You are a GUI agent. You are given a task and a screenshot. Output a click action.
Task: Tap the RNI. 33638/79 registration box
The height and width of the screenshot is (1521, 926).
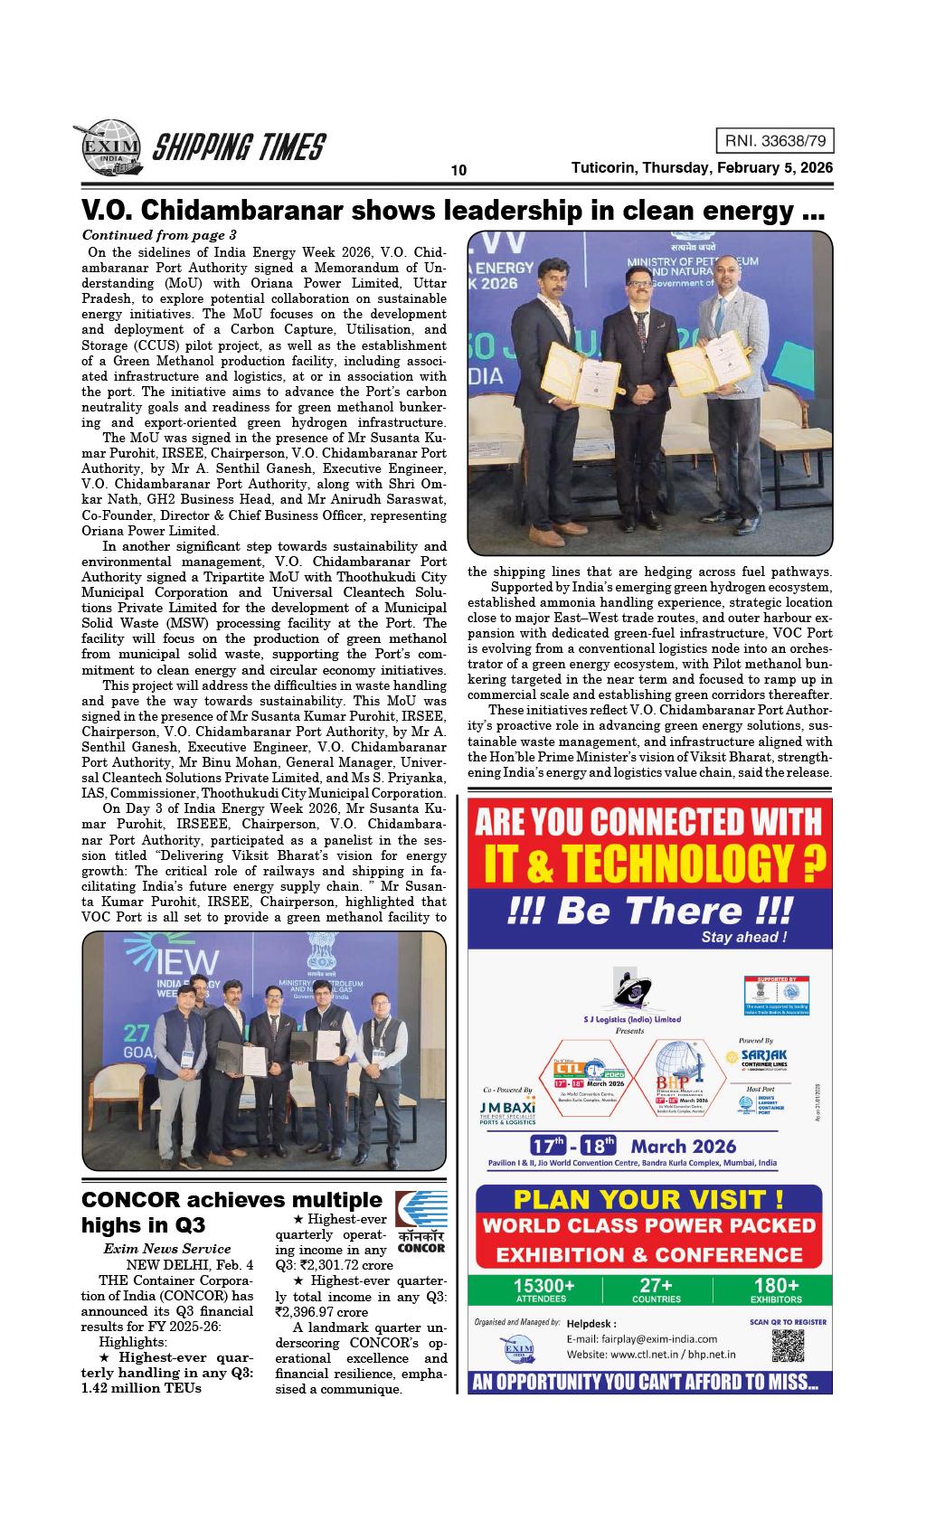pos(774,141)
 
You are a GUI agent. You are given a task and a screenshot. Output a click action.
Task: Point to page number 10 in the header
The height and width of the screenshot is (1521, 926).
pos(458,171)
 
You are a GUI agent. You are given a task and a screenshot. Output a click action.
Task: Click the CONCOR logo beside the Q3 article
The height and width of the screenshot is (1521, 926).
pos(420,1222)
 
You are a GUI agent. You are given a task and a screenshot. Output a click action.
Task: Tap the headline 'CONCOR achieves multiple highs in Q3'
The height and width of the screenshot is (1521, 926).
pos(231,1212)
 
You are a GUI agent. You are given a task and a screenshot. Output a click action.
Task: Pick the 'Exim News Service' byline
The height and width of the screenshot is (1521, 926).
pos(166,1249)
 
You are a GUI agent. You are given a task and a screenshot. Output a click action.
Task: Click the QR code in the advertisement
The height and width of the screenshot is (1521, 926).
pos(789,1346)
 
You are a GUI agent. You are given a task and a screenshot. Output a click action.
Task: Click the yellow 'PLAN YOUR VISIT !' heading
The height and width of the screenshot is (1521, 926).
pos(648,1199)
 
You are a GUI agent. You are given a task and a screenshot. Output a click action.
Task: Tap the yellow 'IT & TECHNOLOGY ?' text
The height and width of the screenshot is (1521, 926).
pos(648,864)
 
